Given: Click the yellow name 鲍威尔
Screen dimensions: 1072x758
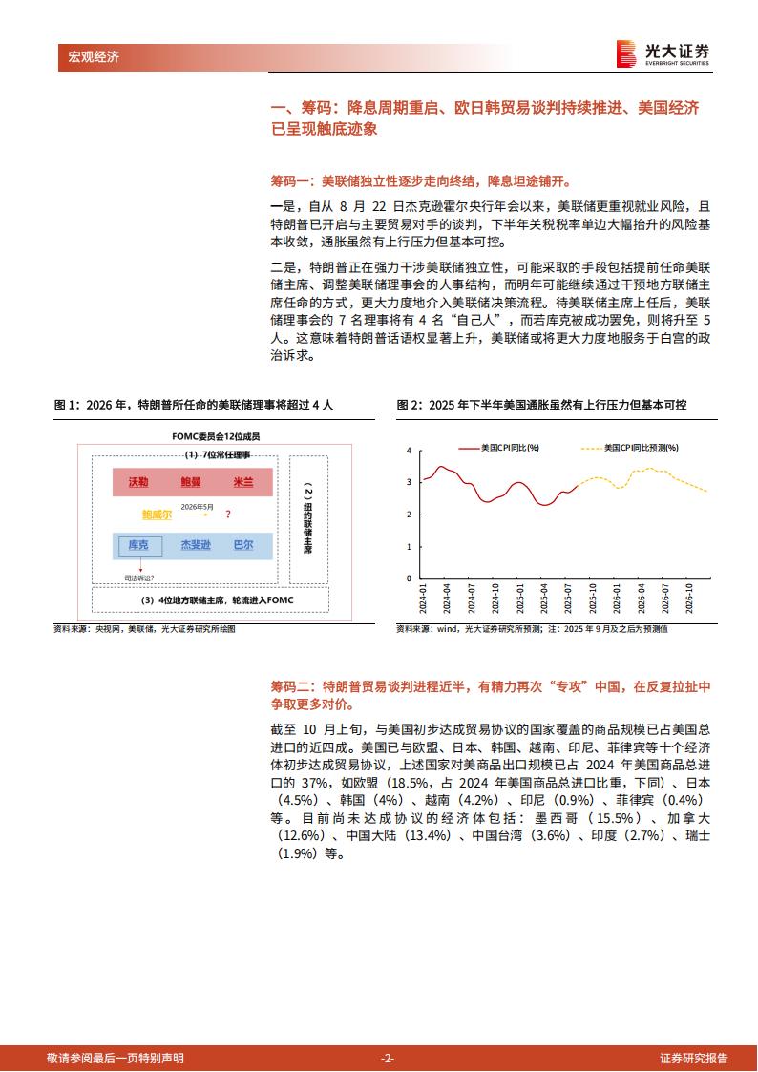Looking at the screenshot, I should pos(157,514).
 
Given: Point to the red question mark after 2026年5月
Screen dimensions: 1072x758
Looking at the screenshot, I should pos(227,514).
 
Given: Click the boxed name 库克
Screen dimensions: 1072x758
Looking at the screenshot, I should pos(138,545).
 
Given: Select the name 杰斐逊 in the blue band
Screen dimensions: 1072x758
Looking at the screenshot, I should pos(194,545).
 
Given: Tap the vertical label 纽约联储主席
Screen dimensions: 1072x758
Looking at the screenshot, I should pos(307,520).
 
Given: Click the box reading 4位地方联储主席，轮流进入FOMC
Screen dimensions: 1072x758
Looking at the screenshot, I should pos(209,599).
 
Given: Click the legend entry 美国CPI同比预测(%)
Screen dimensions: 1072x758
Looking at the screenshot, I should pos(629,447).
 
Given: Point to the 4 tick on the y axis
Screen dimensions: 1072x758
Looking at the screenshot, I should pos(410,450).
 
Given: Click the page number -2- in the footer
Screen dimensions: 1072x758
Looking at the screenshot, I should pos(387,1058).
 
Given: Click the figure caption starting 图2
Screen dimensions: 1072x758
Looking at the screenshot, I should pos(541,405).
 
